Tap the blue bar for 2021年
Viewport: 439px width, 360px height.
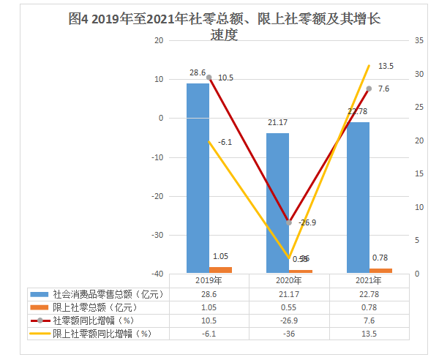[x=358, y=198]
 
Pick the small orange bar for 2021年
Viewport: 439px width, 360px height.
[x=380, y=271]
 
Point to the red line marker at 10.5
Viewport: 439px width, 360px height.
[x=209, y=78]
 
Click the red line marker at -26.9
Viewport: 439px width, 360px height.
[x=289, y=222]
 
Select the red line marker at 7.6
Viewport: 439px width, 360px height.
[x=369, y=89]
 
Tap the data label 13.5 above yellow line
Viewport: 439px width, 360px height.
[x=386, y=66]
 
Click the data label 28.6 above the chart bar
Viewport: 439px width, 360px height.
[x=198, y=73]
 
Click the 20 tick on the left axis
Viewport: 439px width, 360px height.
[x=158, y=40]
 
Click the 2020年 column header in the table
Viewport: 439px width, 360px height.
[x=289, y=280]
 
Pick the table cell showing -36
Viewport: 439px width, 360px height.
[x=289, y=333]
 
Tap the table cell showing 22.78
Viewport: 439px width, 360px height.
[x=369, y=293]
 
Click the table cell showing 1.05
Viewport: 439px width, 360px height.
[x=209, y=307]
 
